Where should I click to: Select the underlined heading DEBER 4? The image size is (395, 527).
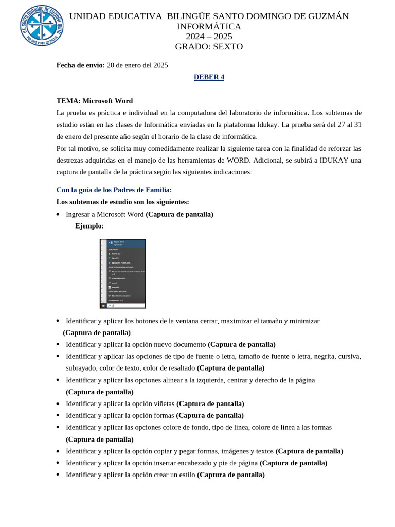tap(209, 77)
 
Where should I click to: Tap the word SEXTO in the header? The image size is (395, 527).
tap(226, 47)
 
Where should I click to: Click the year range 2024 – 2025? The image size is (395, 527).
tap(209, 37)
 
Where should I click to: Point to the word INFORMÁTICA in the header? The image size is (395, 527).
tap(209, 26)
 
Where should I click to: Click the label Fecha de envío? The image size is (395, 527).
tap(81, 65)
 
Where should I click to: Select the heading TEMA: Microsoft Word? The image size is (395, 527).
tap(95, 101)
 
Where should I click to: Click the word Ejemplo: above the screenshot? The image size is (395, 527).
tap(89, 226)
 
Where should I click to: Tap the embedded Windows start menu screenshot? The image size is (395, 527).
tap(122, 273)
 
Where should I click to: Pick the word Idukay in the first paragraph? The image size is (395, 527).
tap(265, 125)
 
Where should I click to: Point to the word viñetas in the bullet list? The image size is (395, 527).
tap(161, 403)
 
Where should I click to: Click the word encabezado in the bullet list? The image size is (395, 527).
tap(235, 463)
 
